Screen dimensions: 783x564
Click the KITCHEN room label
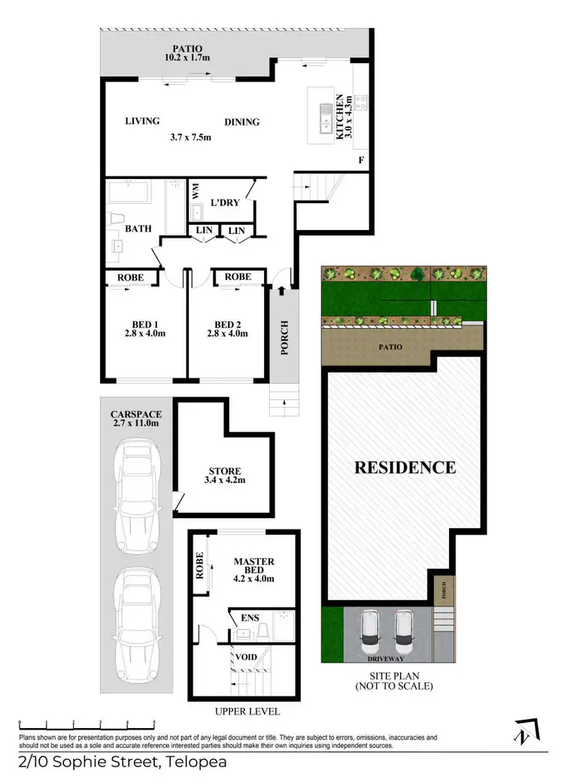340,117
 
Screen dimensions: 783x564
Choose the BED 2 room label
226,324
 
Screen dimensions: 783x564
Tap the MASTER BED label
253,566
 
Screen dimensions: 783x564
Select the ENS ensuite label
250,618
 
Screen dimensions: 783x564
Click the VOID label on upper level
247,657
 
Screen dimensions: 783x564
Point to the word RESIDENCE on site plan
405,467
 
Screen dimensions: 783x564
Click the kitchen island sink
326,119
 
